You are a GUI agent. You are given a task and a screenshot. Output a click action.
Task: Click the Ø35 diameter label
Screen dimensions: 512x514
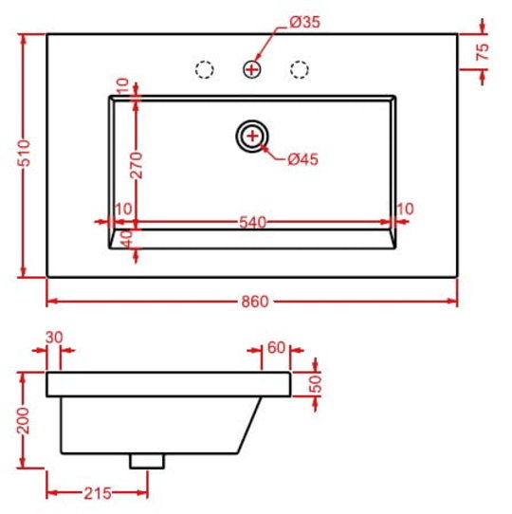coord(304,23)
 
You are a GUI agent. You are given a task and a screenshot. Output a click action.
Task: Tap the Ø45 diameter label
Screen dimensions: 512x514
coord(302,159)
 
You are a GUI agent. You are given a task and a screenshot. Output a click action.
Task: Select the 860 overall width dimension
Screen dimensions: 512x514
coord(255,302)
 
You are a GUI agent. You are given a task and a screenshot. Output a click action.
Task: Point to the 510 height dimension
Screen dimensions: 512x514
coord(25,153)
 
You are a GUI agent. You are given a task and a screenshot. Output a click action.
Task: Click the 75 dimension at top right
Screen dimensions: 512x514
coord(483,52)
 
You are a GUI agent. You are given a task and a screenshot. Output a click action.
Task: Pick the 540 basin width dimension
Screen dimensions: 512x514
coord(252,223)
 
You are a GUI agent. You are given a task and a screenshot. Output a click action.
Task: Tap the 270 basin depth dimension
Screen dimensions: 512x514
coord(137,165)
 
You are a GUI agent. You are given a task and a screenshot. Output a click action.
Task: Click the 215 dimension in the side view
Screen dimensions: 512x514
coord(98,493)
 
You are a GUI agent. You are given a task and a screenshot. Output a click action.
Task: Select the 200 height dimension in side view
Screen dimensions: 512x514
coord(23,421)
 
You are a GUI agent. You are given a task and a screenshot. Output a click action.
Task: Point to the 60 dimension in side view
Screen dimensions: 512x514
coord(276,348)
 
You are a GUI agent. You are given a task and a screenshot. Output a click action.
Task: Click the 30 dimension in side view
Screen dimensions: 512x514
coord(54,338)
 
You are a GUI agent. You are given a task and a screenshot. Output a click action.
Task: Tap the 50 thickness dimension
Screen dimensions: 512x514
coord(316,384)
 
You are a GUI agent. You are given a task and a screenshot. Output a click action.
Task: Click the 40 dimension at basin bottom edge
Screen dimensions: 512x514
coord(127,239)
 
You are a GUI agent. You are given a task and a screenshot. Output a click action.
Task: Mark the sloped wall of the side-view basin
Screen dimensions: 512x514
coord(249,425)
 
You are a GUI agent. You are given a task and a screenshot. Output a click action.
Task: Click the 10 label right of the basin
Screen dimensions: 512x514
coord(405,210)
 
